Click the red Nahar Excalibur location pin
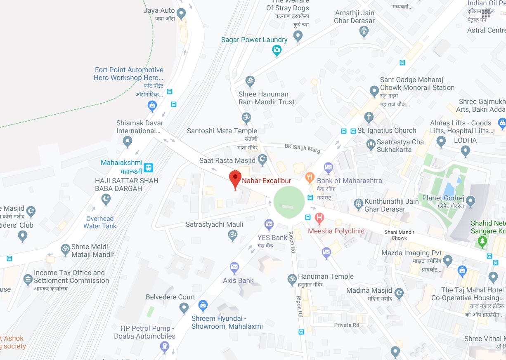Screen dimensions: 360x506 235,179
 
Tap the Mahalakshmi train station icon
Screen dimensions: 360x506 149,167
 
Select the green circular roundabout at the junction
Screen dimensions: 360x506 289,201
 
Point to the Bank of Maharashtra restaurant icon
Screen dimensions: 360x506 310,178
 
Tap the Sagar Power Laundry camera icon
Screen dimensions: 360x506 277,50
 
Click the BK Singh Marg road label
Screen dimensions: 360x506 302,148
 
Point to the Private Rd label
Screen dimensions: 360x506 347,325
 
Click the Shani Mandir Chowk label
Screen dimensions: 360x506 399,235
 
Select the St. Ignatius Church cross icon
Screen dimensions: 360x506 369,118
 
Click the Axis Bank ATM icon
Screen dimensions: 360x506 234,268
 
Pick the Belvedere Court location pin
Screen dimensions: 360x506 184,307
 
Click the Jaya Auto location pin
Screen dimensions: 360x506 181,14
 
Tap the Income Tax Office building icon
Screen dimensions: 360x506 28,279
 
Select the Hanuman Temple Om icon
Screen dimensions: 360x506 292,279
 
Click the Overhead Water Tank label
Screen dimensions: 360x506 100,222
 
